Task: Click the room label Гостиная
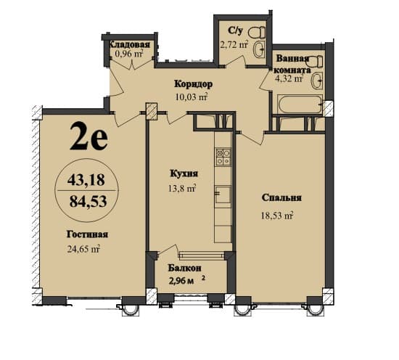point(89,234)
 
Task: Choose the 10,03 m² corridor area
point(192,97)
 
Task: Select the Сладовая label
point(132,44)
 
